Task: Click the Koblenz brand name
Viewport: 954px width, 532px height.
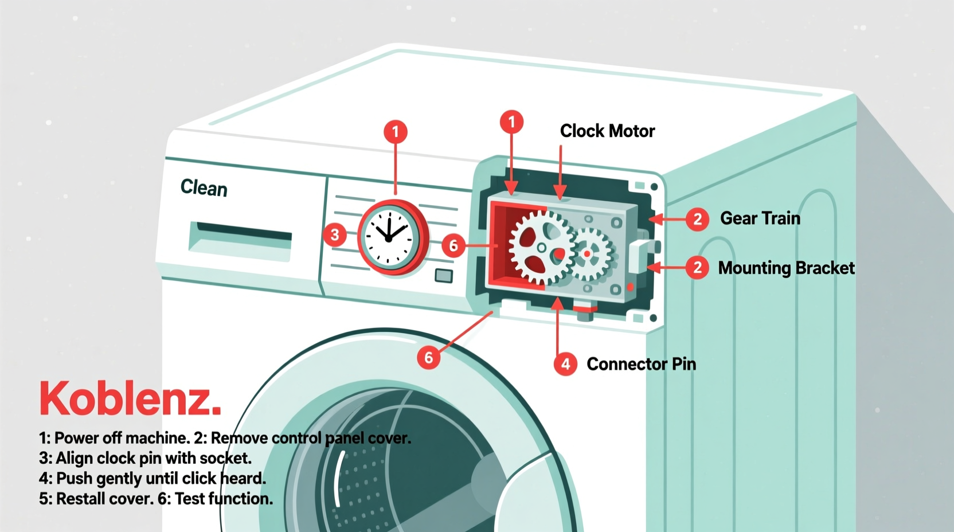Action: pyautogui.click(x=130, y=398)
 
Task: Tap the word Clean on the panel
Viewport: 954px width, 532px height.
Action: pyautogui.click(x=204, y=187)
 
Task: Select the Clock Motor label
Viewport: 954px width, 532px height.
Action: pyautogui.click(x=607, y=131)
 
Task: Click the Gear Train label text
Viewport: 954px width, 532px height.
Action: pyautogui.click(x=760, y=218)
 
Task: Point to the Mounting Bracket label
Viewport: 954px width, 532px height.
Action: pyautogui.click(x=786, y=268)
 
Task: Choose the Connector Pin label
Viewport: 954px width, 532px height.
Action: pyautogui.click(x=641, y=364)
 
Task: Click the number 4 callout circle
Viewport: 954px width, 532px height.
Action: pyautogui.click(x=565, y=364)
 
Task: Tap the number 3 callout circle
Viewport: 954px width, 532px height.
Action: pyautogui.click(x=335, y=234)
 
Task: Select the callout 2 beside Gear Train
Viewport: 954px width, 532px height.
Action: pyautogui.click(x=697, y=219)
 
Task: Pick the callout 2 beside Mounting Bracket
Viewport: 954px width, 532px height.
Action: pyautogui.click(x=697, y=268)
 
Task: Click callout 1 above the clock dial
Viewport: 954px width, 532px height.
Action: pyautogui.click(x=396, y=132)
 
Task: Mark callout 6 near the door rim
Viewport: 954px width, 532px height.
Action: pyautogui.click(x=428, y=358)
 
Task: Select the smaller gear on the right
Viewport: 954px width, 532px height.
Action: pyautogui.click(x=589, y=253)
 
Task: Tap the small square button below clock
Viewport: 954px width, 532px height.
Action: pyautogui.click(x=443, y=276)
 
